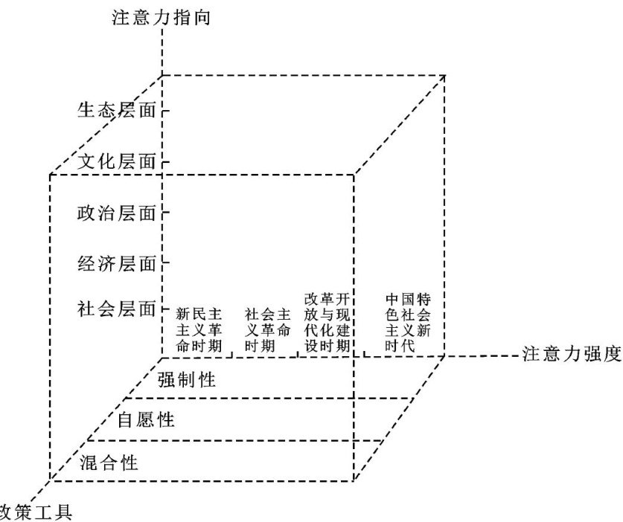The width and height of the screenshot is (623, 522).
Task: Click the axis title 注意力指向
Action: [x=162, y=17]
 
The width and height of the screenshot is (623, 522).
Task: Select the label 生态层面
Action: [x=118, y=111]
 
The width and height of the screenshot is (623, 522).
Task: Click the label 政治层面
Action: [x=118, y=213]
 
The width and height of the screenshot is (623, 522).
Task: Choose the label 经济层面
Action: [x=118, y=263]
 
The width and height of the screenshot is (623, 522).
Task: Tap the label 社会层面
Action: [x=118, y=307]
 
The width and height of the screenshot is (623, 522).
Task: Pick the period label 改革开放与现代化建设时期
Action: [x=327, y=323]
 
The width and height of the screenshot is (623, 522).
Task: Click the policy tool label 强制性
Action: [x=187, y=380]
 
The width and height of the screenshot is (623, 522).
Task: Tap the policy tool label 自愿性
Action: [x=147, y=420]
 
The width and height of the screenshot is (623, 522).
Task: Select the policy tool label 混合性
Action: [x=109, y=463]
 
